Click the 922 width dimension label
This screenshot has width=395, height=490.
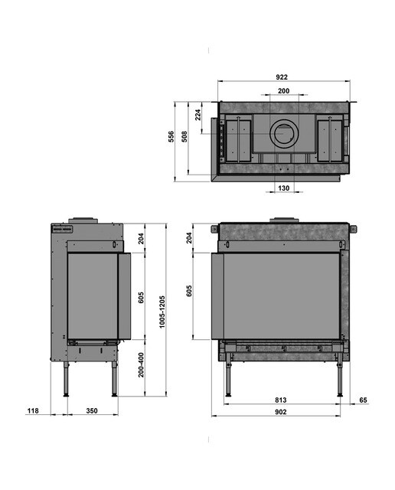[x=282, y=77]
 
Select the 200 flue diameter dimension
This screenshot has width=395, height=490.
[x=283, y=91]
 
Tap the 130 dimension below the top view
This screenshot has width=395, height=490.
[x=283, y=188]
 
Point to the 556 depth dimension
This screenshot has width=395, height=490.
[x=171, y=137]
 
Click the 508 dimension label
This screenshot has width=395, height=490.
[x=184, y=137]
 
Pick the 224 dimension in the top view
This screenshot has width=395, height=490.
[x=198, y=115]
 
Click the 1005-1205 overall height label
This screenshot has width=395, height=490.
[x=162, y=312]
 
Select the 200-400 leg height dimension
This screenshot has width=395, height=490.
[x=142, y=365]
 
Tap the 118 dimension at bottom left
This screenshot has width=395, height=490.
[x=33, y=410]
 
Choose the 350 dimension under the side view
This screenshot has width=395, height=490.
[x=92, y=410]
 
